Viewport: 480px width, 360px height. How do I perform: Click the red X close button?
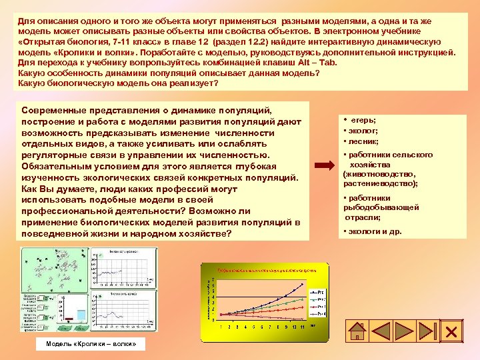(450, 332)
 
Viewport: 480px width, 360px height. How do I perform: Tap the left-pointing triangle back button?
(385, 332)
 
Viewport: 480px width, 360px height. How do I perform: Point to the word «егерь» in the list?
(364, 119)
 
